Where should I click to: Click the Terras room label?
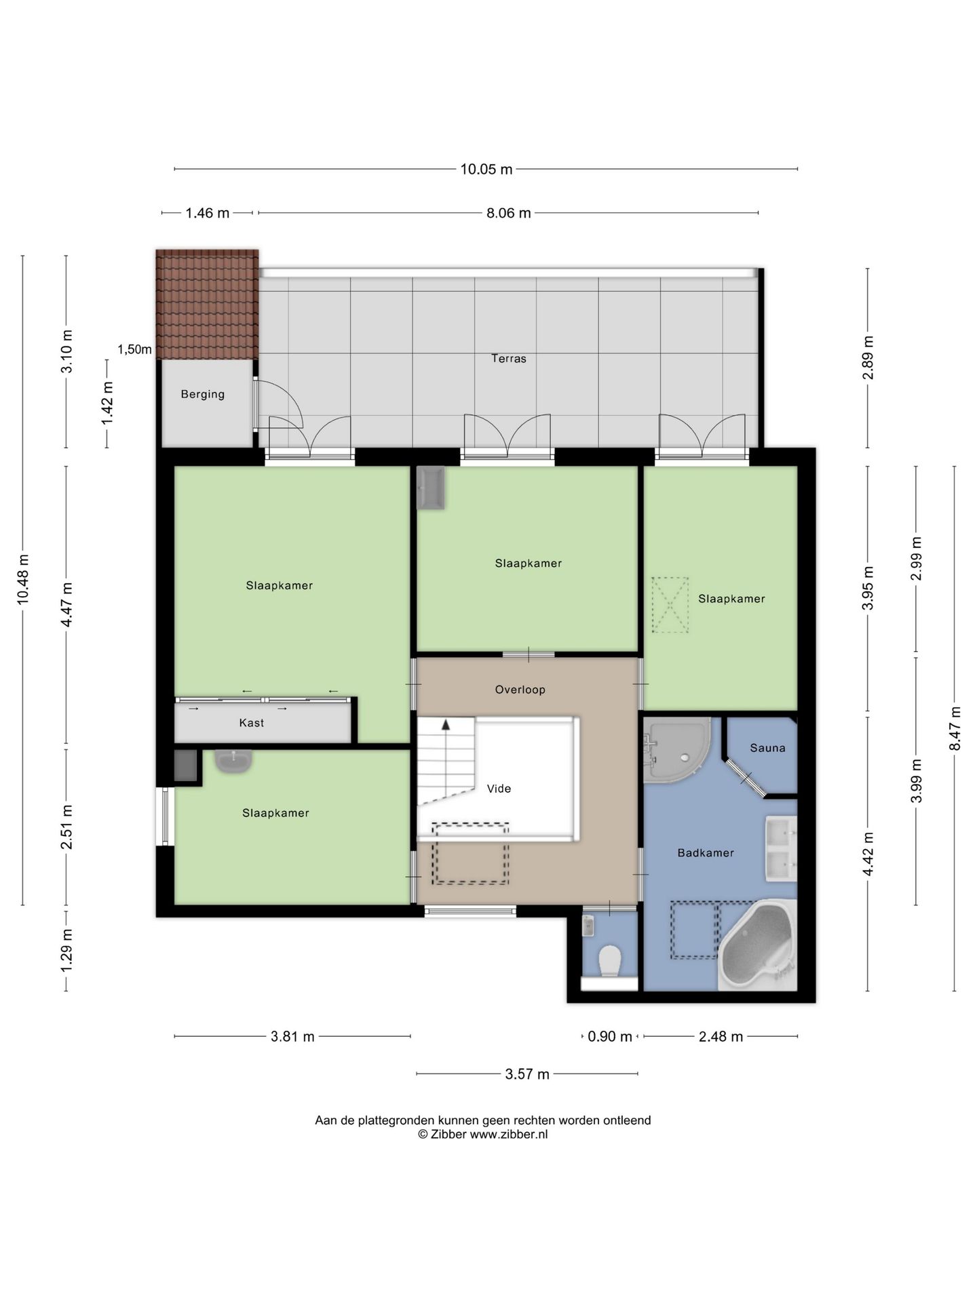(509, 359)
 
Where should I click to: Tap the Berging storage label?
(202, 394)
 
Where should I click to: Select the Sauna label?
(767, 748)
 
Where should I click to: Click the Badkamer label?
(706, 853)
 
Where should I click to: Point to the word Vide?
(499, 789)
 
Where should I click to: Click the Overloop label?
(520, 690)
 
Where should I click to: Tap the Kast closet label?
(251, 723)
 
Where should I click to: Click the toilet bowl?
(610, 961)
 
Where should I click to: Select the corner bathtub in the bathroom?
(757, 945)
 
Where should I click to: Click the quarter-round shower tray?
(676, 750)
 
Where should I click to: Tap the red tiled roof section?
(207, 304)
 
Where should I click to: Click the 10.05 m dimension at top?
(486, 170)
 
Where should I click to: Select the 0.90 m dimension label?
(609, 1037)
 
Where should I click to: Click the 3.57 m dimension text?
(527, 1074)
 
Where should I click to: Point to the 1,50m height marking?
(134, 350)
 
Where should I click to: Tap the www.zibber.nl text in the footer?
(509, 1135)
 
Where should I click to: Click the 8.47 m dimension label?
(955, 728)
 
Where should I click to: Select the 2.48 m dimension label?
(721, 1037)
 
